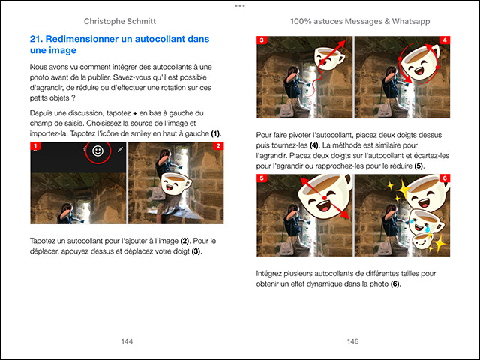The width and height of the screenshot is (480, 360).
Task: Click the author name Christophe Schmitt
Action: click(x=120, y=21)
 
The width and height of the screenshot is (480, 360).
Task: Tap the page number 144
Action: click(x=127, y=341)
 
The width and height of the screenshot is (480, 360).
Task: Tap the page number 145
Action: click(x=353, y=341)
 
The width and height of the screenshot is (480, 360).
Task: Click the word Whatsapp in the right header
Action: click(x=411, y=21)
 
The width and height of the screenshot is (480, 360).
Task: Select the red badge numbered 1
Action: click(x=35, y=146)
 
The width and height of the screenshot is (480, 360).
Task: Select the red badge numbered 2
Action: click(x=218, y=146)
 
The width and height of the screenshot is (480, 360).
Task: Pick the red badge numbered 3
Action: click(x=262, y=40)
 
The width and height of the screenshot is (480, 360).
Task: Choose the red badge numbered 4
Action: click(x=445, y=40)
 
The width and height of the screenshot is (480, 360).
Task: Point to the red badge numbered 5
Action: click(x=262, y=178)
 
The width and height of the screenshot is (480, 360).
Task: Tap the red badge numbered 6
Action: click(x=445, y=178)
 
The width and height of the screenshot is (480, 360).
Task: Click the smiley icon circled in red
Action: click(x=98, y=151)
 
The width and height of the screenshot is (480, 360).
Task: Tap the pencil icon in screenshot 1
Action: click(x=120, y=149)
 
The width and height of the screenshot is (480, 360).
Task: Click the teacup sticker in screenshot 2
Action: click(x=175, y=184)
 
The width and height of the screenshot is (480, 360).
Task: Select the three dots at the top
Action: click(x=240, y=6)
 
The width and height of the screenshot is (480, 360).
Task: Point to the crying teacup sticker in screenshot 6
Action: click(x=426, y=222)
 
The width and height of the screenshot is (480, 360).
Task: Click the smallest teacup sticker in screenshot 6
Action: click(x=422, y=240)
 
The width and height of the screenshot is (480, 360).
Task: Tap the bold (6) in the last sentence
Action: click(x=395, y=283)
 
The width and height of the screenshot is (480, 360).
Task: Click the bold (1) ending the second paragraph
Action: click(x=215, y=133)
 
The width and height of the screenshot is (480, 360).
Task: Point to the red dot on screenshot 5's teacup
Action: click(x=324, y=198)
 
